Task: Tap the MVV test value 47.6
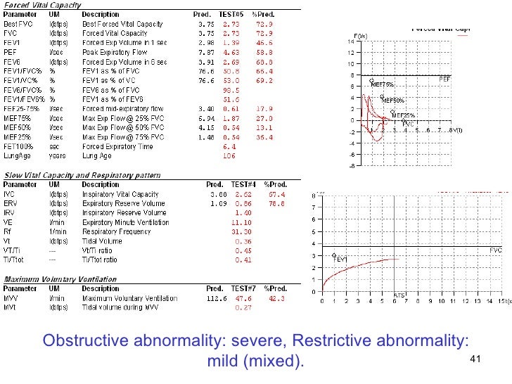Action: [243, 297]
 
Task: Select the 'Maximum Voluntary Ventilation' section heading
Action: [61, 279]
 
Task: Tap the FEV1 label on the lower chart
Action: [341, 260]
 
